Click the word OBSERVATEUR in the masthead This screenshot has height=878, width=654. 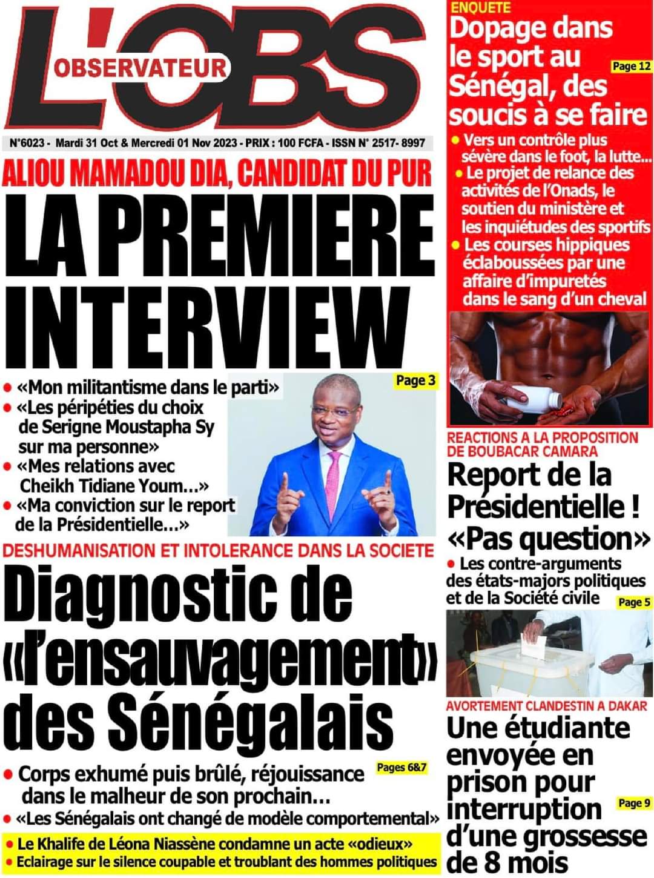(x=140, y=68)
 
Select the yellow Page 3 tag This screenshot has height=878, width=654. (x=415, y=381)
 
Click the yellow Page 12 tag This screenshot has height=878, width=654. (x=632, y=66)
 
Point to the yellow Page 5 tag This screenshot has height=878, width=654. (x=634, y=602)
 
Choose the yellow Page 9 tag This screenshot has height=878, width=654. (x=634, y=803)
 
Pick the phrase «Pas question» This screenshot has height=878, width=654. (x=549, y=538)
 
